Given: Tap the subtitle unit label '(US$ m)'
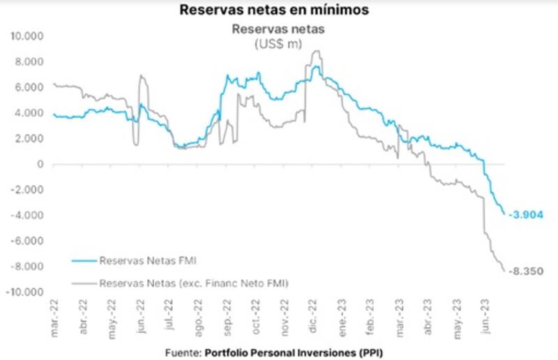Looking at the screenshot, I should [278, 43].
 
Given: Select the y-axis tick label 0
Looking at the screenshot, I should [41, 165].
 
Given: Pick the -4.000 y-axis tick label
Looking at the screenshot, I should [28, 216].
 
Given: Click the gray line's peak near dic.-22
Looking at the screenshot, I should [317, 51].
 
